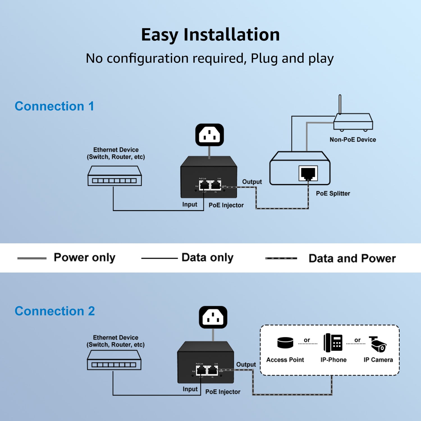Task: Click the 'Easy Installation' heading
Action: click(210, 35)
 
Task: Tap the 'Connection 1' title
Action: click(54, 106)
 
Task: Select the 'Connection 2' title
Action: click(55, 311)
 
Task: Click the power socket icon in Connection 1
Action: click(209, 135)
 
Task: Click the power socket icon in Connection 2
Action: click(213, 317)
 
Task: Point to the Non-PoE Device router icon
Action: click(353, 122)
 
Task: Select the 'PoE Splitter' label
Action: click(333, 193)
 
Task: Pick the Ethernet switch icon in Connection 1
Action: click(115, 176)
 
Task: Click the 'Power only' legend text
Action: click(84, 258)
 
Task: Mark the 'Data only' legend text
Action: click(207, 258)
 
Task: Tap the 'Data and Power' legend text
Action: click(352, 258)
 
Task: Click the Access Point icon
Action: click(285, 343)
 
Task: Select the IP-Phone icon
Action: click(333, 343)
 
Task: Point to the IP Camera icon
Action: click(378, 344)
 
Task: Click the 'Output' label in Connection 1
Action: click(252, 182)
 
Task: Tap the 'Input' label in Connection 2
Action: click(190, 389)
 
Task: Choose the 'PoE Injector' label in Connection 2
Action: click(223, 392)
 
